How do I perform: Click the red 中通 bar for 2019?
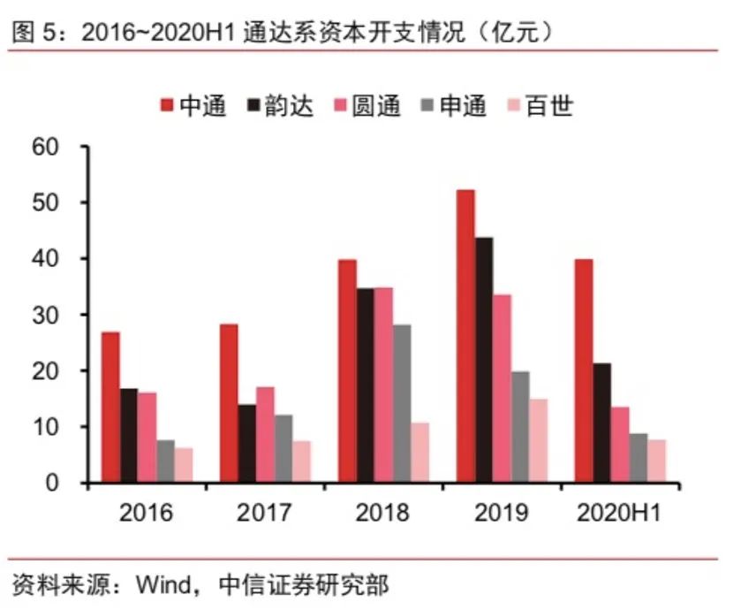[x=465, y=336]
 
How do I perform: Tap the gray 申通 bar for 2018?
[x=401, y=403]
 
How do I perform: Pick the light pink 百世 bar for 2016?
[x=183, y=465]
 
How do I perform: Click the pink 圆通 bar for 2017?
[x=265, y=434]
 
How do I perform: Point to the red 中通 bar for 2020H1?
[x=583, y=370]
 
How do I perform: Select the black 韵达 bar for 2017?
[x=246, y=444]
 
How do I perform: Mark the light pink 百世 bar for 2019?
[x=537, y=440]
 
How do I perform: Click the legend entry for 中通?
[x=193, y=106]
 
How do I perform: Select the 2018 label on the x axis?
[x=382, y=514]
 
